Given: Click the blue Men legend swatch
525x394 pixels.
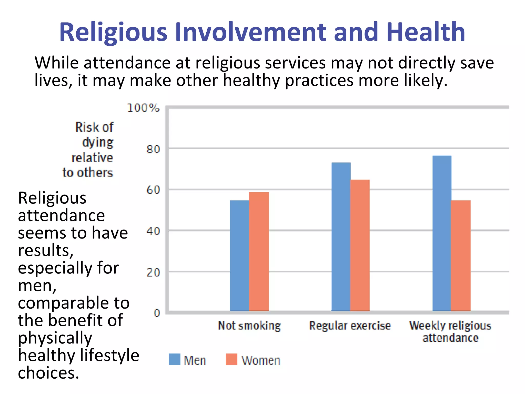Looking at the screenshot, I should [x=174, y=359].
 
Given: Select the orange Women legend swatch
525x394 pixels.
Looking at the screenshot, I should [x=231, y=359].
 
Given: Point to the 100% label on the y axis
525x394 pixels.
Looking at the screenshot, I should [x=143, y=108].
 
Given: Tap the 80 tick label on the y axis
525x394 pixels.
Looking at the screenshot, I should [x=153, y=149].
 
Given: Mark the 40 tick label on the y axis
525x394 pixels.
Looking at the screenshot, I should [x=153, y=231].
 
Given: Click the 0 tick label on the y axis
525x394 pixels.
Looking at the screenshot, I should [x=157, y=313].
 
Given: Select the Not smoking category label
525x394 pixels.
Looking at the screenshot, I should [x=249, y=326].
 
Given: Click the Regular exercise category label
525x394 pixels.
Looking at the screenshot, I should [x=350, y=326].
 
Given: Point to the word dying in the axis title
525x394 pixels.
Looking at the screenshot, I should [x=97, y=142].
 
